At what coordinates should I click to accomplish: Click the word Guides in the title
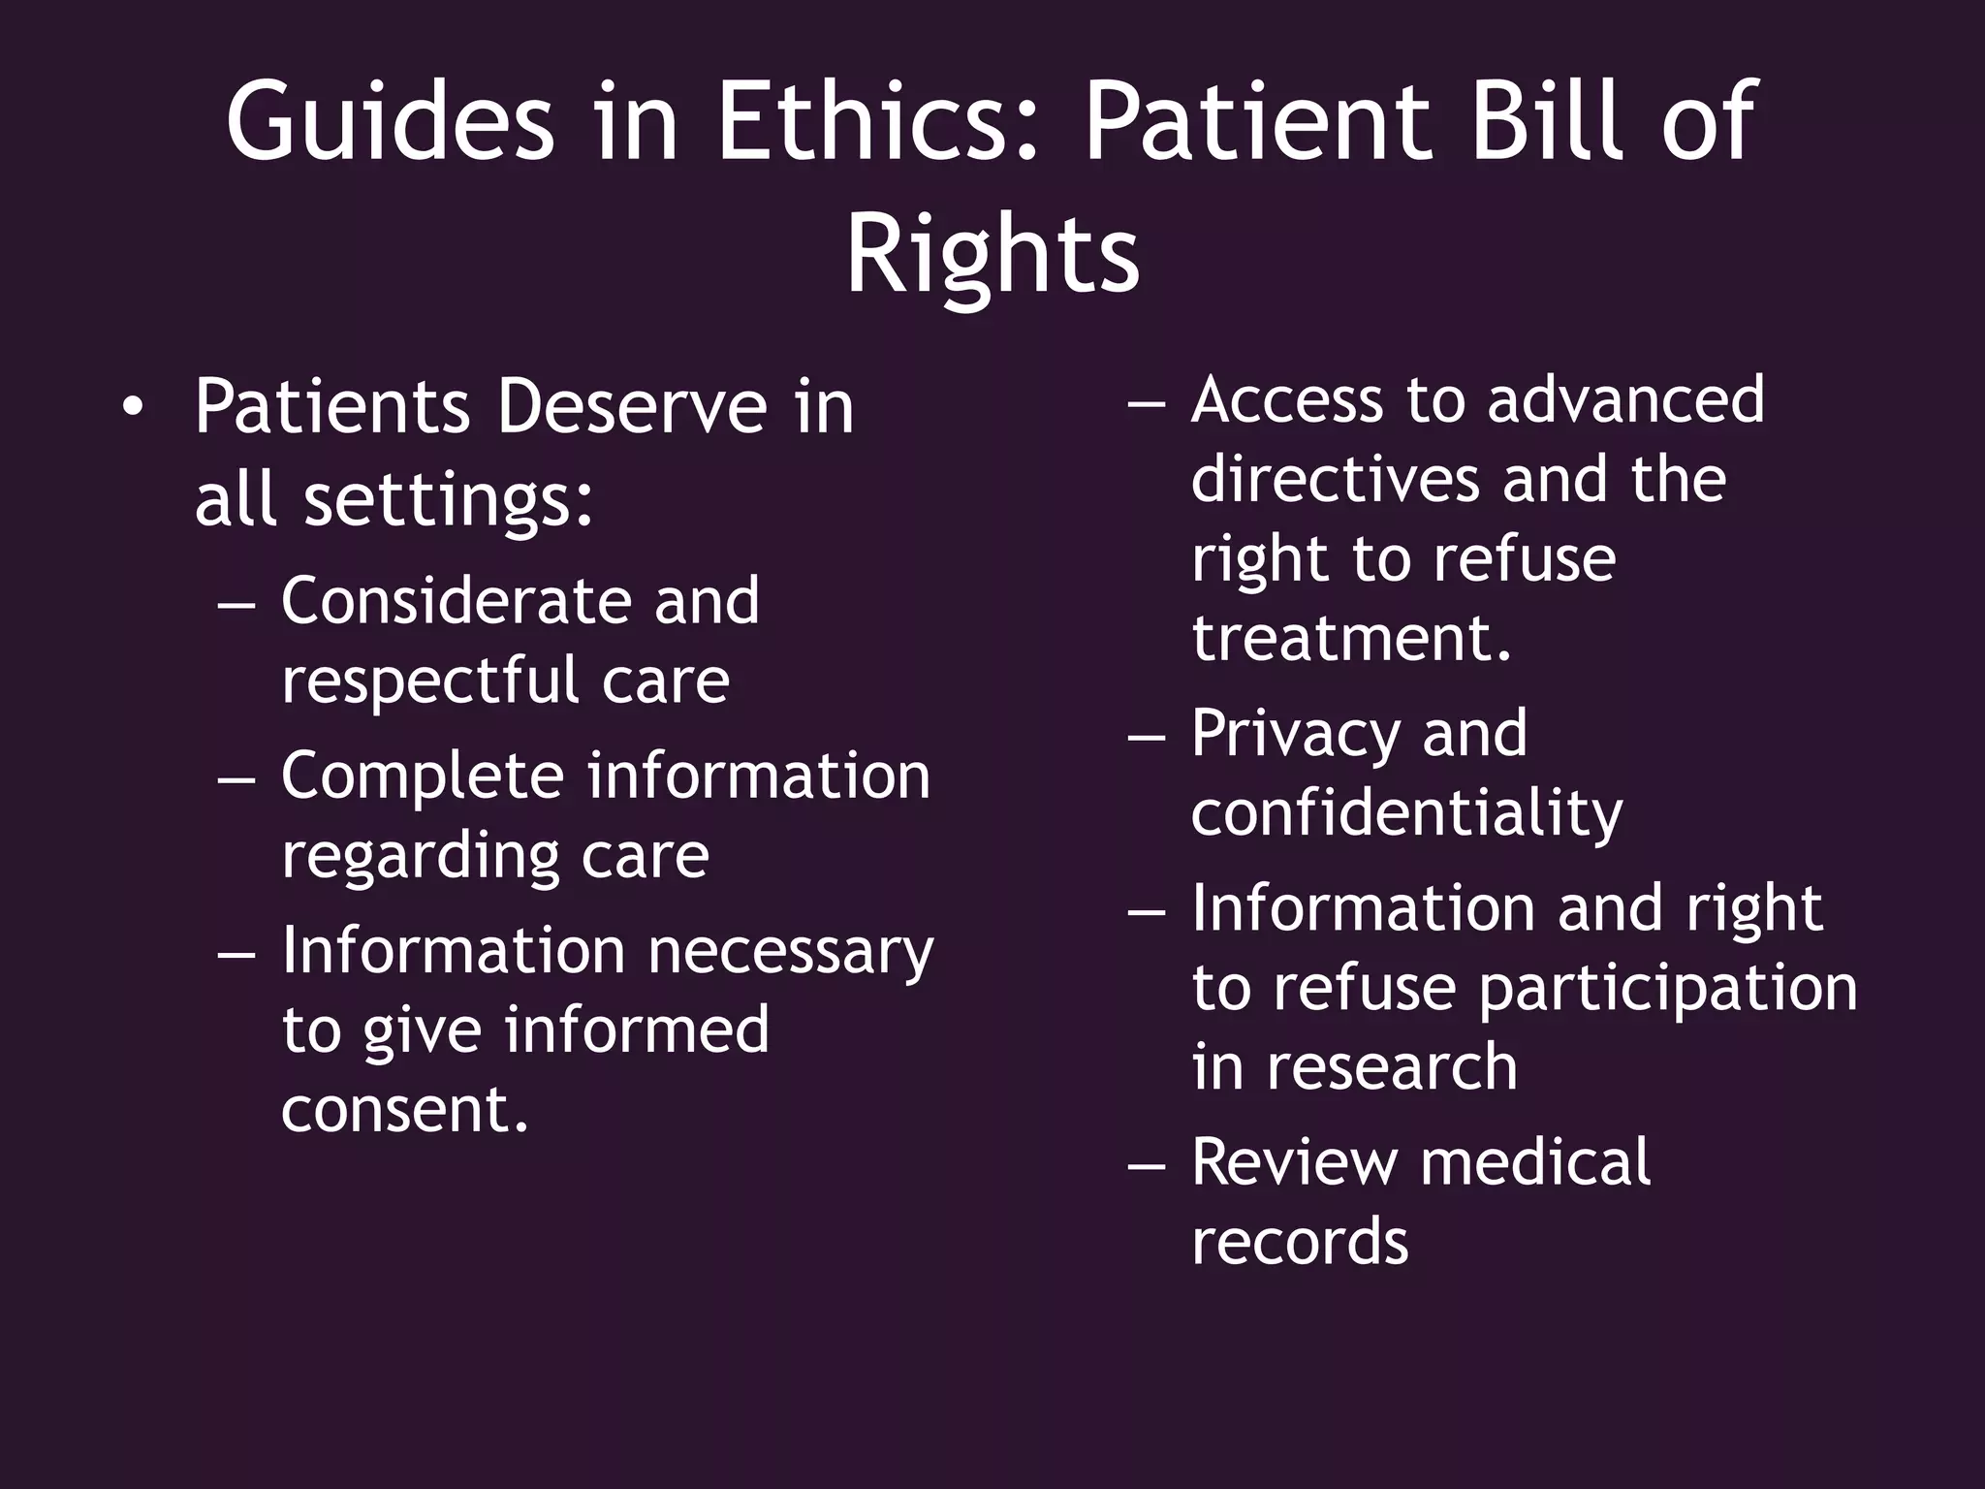click(x=391, y=123)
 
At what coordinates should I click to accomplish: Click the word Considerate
click(x=456, y=601)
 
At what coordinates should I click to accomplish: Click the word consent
click(x=405, y=1109)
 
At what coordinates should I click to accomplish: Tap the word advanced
click(x=1625, y=399)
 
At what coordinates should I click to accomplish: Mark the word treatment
click(x=1351, y=638)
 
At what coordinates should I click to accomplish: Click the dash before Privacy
click(x=1147, y=736)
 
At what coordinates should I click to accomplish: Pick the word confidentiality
click(x=1406, y=814)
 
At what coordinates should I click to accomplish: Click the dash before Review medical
click(x=1147, y=1163)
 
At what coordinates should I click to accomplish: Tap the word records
click(x=1299, y=1242)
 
